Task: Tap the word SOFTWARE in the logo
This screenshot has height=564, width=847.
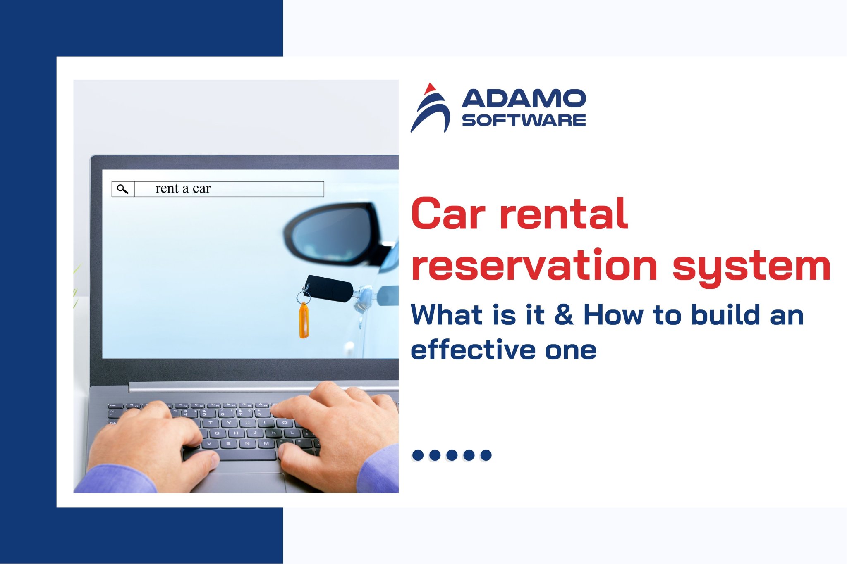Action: pos(524,120)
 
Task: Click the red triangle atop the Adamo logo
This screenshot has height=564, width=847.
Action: pos(431,88)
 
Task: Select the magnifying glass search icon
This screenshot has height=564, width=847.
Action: pos(122,189)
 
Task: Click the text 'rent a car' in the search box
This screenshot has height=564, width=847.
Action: pos(183,189)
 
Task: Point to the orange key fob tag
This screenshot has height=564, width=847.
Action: pos(304,321)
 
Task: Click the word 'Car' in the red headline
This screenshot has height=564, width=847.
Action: pos(447,214)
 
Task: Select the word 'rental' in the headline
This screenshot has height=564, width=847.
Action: pos(564,214)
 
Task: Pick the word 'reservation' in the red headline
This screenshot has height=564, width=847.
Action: pos(534,265)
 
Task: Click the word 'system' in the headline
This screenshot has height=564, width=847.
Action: pos(751,267)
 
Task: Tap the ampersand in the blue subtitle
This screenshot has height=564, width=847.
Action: pos(564,315)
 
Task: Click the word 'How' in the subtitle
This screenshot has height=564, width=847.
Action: pos(613,315)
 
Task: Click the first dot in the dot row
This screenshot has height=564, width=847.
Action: pos(418,455)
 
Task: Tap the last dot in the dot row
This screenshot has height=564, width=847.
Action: pos(486,455)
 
